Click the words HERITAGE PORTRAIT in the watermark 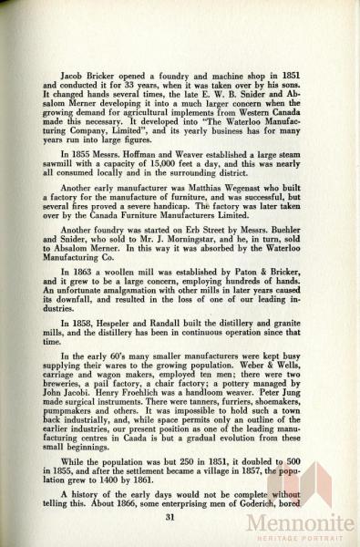pyautogui.click(x=300, y=538)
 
